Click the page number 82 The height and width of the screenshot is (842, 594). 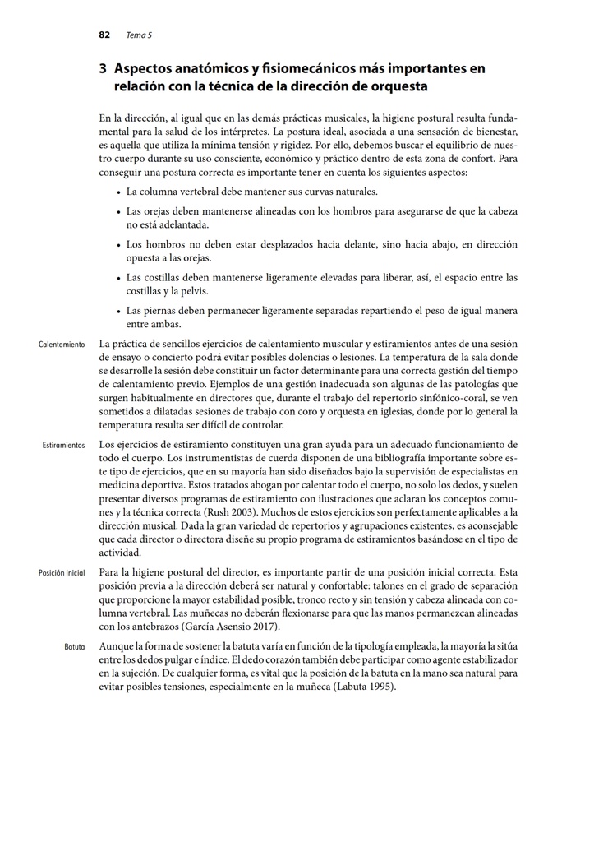pyautogui.click(x=104, y=35)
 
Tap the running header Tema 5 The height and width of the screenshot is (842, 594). pyautogui.click(x=139, y=35)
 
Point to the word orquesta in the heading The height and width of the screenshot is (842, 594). pyautogui.click(x=402, y=86)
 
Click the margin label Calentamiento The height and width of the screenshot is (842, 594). pyautogui.click(x=62, y=345)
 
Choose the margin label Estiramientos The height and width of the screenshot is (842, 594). pyautogui.click(x=63, y=445)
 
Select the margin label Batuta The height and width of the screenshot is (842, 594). pyautogui.click(x=75, y=648)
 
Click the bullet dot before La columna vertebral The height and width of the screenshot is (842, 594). pyautogui.click(x=118, y=192)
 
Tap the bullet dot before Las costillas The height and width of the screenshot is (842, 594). pyautogui.click(x=118, y=278)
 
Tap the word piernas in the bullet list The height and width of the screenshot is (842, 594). pyautogui.click(x=163, y=311)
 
